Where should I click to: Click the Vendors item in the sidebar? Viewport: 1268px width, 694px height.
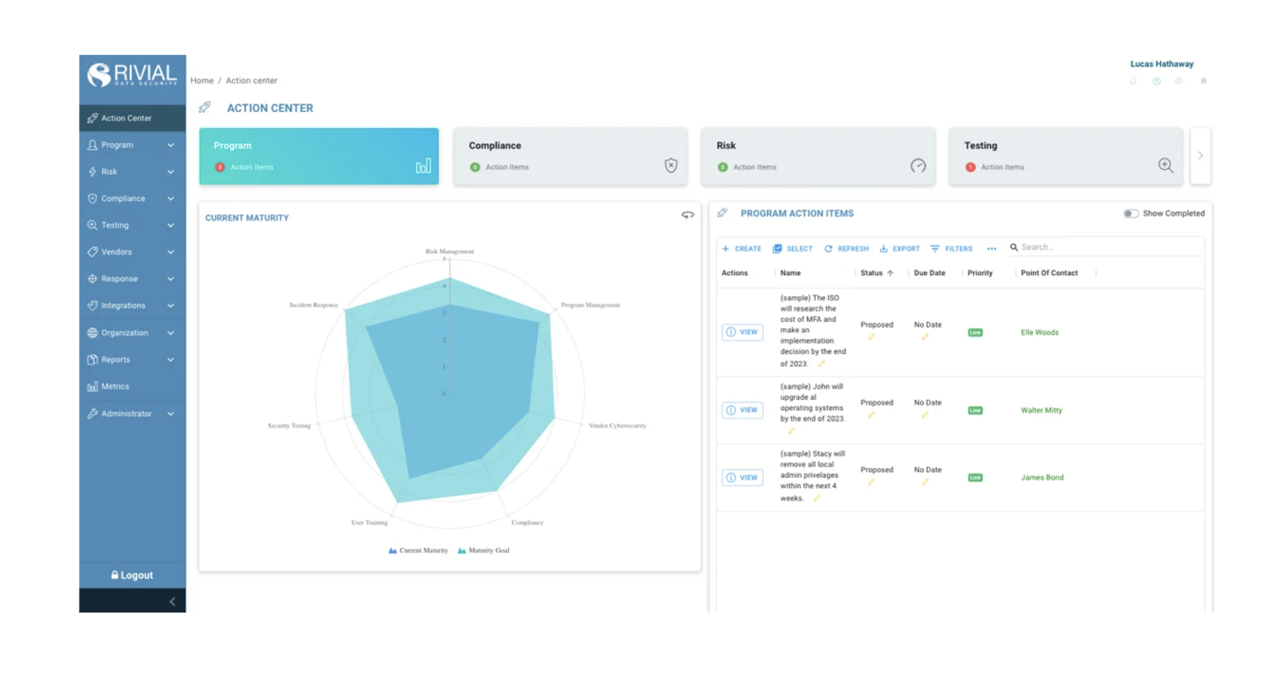[x=116, y=252]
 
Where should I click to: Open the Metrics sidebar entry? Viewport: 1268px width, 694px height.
[x=115, y=386]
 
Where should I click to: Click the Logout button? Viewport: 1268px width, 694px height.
[x=132, y=575]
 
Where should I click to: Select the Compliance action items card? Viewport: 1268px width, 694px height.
[x=570, y=156]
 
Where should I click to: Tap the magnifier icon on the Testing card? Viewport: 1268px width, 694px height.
[x=1165, y=166]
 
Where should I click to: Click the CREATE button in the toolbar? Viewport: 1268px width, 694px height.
[x=742, y=249]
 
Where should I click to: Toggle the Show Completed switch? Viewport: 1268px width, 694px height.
[x=1131, y=214]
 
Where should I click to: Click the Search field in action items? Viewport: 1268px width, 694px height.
[x=1108, y=247]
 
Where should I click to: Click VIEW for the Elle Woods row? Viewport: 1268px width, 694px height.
[x=742, y=332]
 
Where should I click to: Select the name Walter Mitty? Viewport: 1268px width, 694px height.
[x=1041, y=411]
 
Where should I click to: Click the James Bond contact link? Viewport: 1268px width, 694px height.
[x=1042, y=478]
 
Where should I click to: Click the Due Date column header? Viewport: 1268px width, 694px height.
[x=929, y=273]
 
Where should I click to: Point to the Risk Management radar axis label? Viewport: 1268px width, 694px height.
[x=449, y=251]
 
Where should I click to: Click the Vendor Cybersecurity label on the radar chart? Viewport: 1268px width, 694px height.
[x=617, y=425]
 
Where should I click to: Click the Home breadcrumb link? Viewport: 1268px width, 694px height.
[x=202, y=81]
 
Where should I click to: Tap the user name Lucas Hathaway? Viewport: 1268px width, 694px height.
[x=1162, y=64]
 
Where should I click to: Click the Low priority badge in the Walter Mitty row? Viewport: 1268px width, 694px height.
[x=975, y=411]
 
